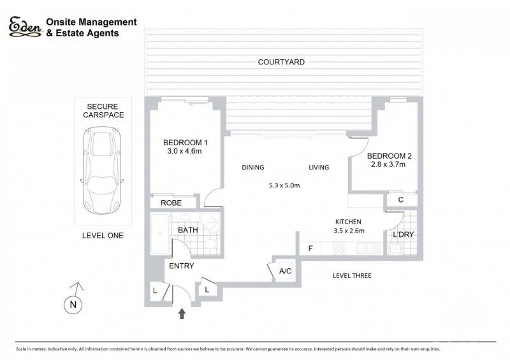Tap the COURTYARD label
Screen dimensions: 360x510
281,62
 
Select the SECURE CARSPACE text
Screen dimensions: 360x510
105,110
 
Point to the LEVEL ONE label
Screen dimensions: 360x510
103,236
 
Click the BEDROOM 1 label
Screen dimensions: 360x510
186,142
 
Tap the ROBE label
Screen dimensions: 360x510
171,203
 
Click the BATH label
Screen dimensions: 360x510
187,229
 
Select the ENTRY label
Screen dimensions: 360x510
182,266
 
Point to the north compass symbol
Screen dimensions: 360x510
75,305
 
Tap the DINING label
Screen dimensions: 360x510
252,168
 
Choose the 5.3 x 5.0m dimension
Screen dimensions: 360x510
284,185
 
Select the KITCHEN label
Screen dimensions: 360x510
348,221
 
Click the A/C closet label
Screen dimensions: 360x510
286,271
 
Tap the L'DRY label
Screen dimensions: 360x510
403,235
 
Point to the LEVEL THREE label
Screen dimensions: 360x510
352,276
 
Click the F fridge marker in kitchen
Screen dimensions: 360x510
310,248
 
